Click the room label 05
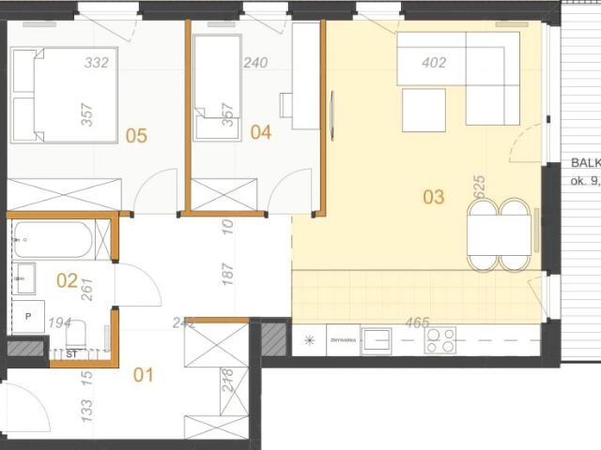pos(137,136)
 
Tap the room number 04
pos(261,133)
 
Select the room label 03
pos(433,197)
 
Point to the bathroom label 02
pos(67,279)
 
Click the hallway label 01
pos(143,376)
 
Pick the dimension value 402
pos(434,64)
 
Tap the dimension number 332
pos(96,64)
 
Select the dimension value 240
pos(255,64)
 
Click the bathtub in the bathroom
pos(53,240)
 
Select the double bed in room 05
pos(66,96)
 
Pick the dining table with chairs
pos(500,234)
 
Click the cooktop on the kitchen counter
pos(440,340)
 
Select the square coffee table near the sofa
pos(424,110)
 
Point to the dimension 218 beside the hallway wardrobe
pos(225,381)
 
